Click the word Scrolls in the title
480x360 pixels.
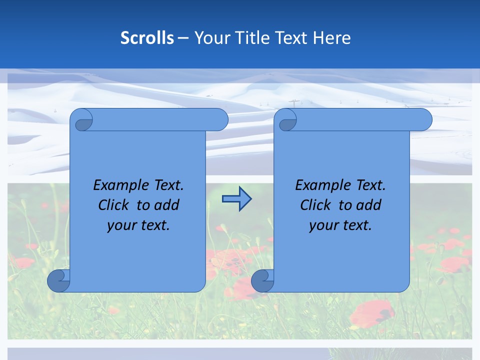pos(147,38)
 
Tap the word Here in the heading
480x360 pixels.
pos(332,38)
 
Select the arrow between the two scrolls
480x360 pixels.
pos(236,199)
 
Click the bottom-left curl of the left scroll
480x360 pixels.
pos(58,280)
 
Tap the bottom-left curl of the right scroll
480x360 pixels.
pos(262,280)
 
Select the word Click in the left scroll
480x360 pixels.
pos(114,205)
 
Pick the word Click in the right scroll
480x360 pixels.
pos(315,205)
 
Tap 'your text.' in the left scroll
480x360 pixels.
pos(138,225)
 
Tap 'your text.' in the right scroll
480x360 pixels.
pos(340,225)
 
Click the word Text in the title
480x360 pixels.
pos(291,38)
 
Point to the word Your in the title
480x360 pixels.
pos(210,38)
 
